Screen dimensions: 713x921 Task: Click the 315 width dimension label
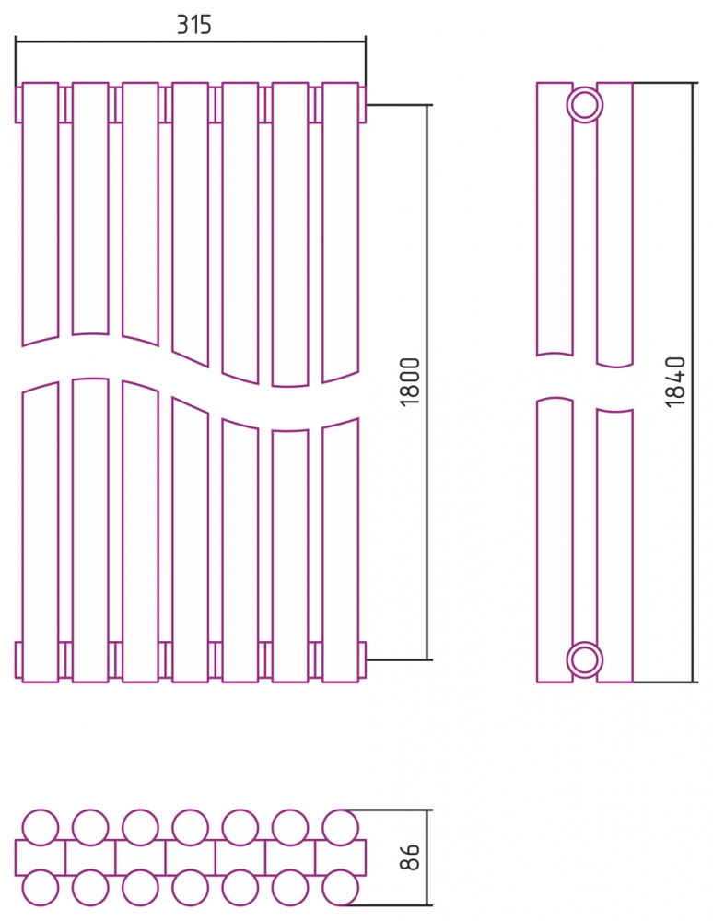pos(193,25)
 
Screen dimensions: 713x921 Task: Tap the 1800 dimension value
pos(410,381)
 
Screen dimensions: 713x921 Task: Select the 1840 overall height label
pos(675,381)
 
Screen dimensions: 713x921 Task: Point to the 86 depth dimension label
pos(410,857)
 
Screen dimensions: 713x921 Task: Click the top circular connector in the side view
pos(585,91)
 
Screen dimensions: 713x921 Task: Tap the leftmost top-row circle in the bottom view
pos(41,811)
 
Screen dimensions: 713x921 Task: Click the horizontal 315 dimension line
pos(191,42)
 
